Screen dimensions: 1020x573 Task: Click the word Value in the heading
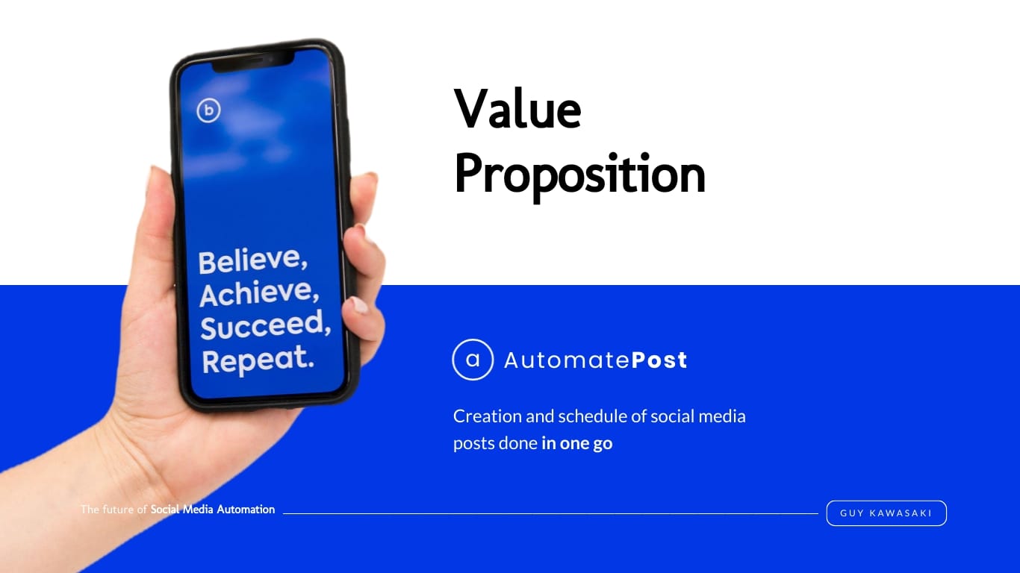[x=517, y=109]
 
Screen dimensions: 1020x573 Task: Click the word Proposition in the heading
[x=579, y=176]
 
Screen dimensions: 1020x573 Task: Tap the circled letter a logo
[x=473, y=360]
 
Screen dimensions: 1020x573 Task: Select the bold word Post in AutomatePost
[x=659, y=360]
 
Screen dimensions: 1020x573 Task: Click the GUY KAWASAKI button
[x=886, y=513]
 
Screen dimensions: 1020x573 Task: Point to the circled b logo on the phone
[x=208, y=110]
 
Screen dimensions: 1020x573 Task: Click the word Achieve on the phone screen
[x=258, y=292]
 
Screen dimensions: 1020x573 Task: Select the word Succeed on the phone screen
[x=265, y=325]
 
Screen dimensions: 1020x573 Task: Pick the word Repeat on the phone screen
[x=258, y=359]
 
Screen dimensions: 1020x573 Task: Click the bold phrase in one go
[x=577, y=443]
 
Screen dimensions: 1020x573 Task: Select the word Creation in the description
[x=488, y=416]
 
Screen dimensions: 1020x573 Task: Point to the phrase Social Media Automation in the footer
[x=213, y=510]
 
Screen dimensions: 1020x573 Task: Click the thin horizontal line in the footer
[x=550, y=513]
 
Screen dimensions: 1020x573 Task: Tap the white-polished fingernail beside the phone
[x=360, y=304]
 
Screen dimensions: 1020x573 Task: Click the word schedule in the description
[x=588, y=416]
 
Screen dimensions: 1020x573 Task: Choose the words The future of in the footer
[x=113, y=510]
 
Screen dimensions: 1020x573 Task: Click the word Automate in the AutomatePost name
[x=567, y=360]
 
